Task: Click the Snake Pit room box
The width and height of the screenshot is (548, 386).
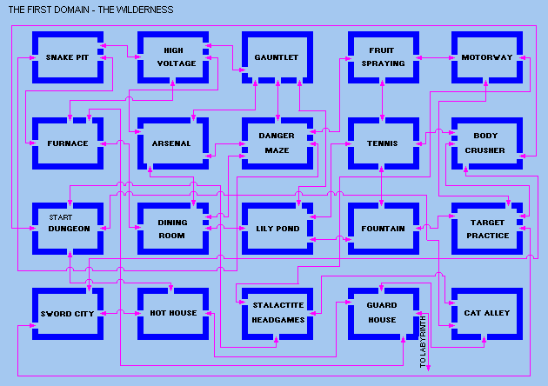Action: click(x=67, y=57)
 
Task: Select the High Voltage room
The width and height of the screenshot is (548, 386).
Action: click(x=172, y=57)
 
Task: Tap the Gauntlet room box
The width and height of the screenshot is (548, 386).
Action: click(x=277, y=57)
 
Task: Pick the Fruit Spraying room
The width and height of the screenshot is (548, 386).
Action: click(x=382, y=57)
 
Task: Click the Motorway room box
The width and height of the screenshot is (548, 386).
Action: click(x=486, y=57)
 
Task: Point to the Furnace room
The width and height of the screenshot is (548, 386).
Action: click(x=67, y=143)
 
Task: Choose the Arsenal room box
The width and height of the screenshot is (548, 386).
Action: click(x=172, y=143)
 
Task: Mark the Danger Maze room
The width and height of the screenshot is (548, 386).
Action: click(x=277, y=143)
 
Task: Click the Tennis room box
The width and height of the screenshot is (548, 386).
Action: click(x=382, y=143)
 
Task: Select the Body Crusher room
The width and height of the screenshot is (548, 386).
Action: click(x=486, y=143)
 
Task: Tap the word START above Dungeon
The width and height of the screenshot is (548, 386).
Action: click(x=60, y=217)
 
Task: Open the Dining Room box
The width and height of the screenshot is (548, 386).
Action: click(x=172, y=229)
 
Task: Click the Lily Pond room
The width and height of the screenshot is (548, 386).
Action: click(x=277, y=229)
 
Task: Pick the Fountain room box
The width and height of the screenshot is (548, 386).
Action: click(x=382, y=229)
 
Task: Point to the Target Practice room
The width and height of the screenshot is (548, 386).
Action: click(x=486, y=229)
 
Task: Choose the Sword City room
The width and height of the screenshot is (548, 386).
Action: click(x=67, y=313)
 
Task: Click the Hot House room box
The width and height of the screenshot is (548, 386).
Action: click(x=172, y=313)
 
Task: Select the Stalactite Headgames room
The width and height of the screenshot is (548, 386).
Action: click(x=277, y=313)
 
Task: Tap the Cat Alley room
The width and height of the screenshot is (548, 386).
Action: click(x=486, y=313)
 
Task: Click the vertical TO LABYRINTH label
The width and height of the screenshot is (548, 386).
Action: click(x=424, y=343)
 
